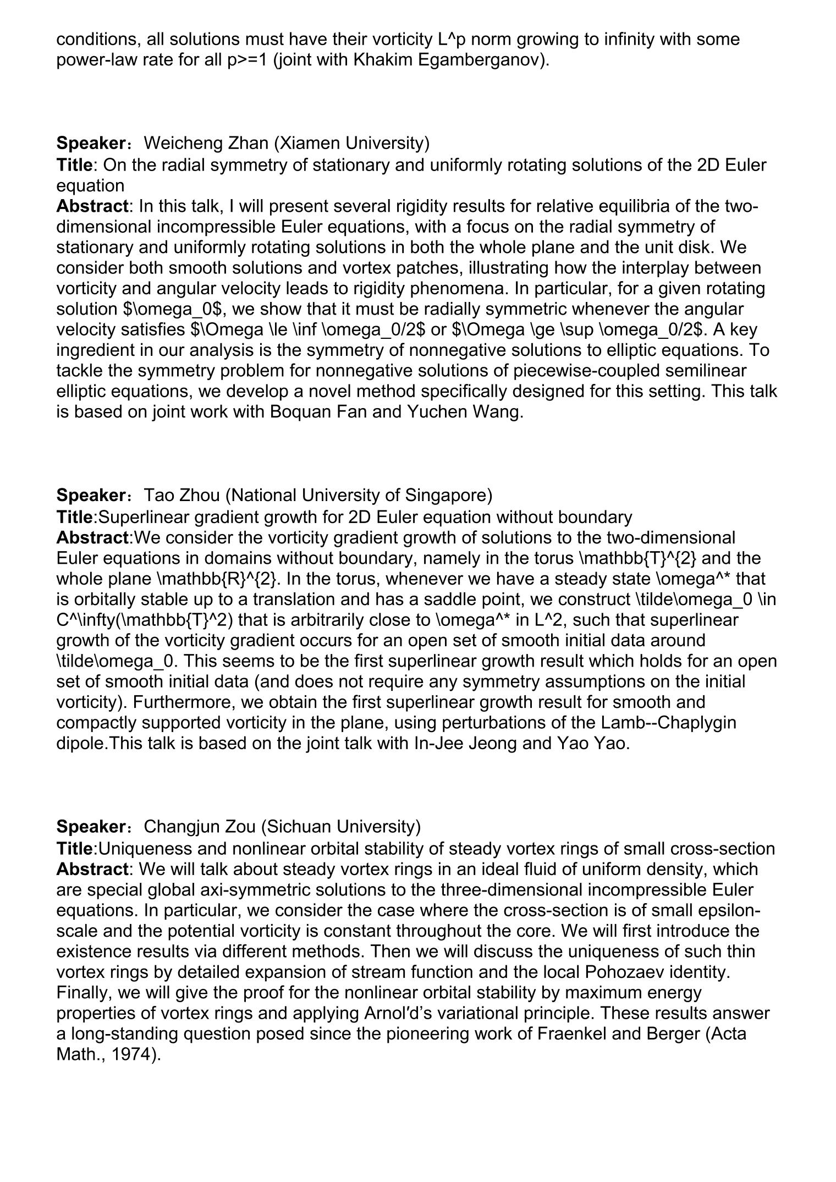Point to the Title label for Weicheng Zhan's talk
point(74,164)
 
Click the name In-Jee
point(437,743)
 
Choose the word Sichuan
point(296,826)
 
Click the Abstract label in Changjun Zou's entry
point(92,869)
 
